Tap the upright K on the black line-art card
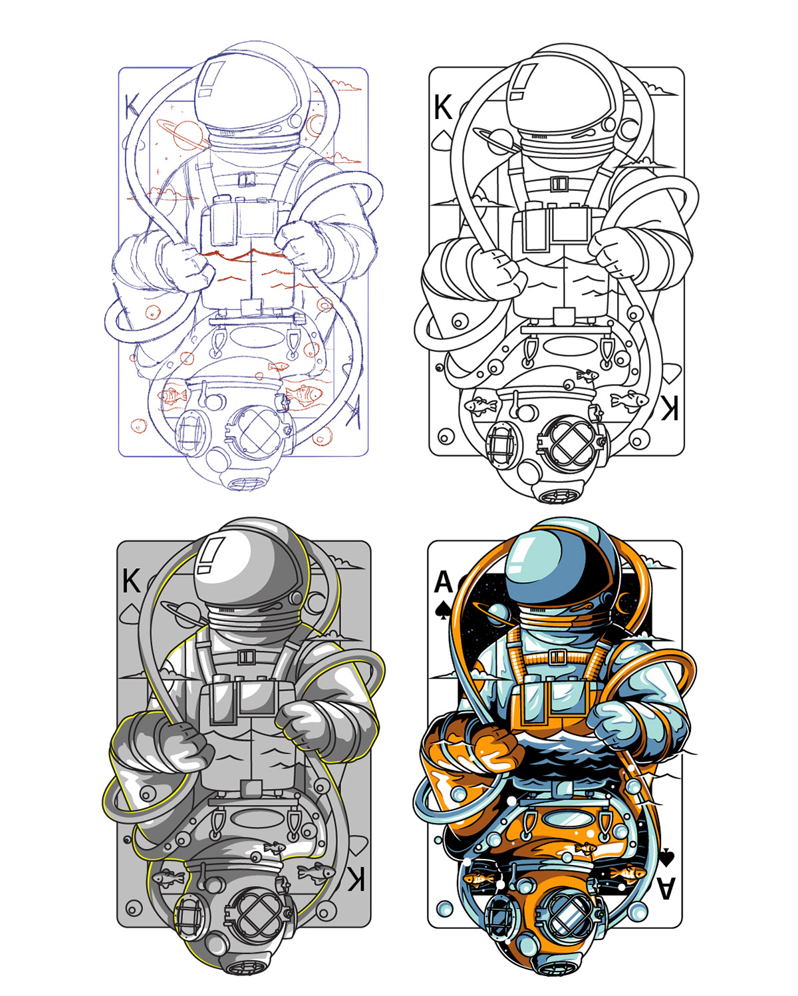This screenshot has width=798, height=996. click(x=442, y=107)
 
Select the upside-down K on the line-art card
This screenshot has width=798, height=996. click(x=669, y=408)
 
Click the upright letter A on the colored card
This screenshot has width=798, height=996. click(x=443, y=581)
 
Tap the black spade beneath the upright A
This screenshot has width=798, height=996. click(x=443, y=611)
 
